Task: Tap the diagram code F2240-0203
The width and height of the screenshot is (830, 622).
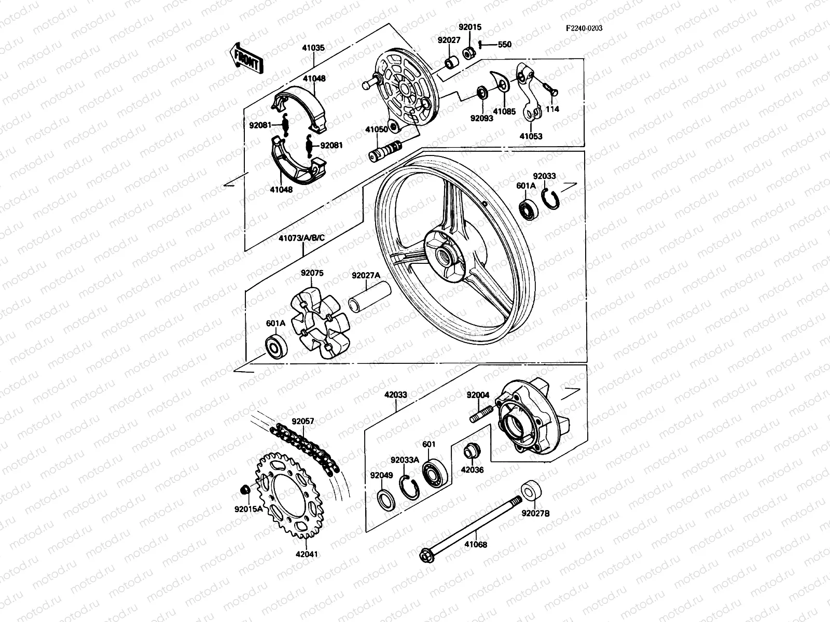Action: click(x=584, y=29)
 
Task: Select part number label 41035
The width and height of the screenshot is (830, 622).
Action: click(x=313, y=48)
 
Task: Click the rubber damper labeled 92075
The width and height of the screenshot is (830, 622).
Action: click(x=319, y=324)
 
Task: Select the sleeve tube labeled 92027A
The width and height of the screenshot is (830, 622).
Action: click(x=370, y=300)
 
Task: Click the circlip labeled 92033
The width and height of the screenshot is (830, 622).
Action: click(x=551, y=199)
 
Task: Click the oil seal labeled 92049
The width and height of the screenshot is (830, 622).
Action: click(x=387, y=498)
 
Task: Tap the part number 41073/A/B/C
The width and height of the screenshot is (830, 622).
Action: click(x=301, y=238)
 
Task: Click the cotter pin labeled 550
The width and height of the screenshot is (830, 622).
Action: click(x=481, y=45)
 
